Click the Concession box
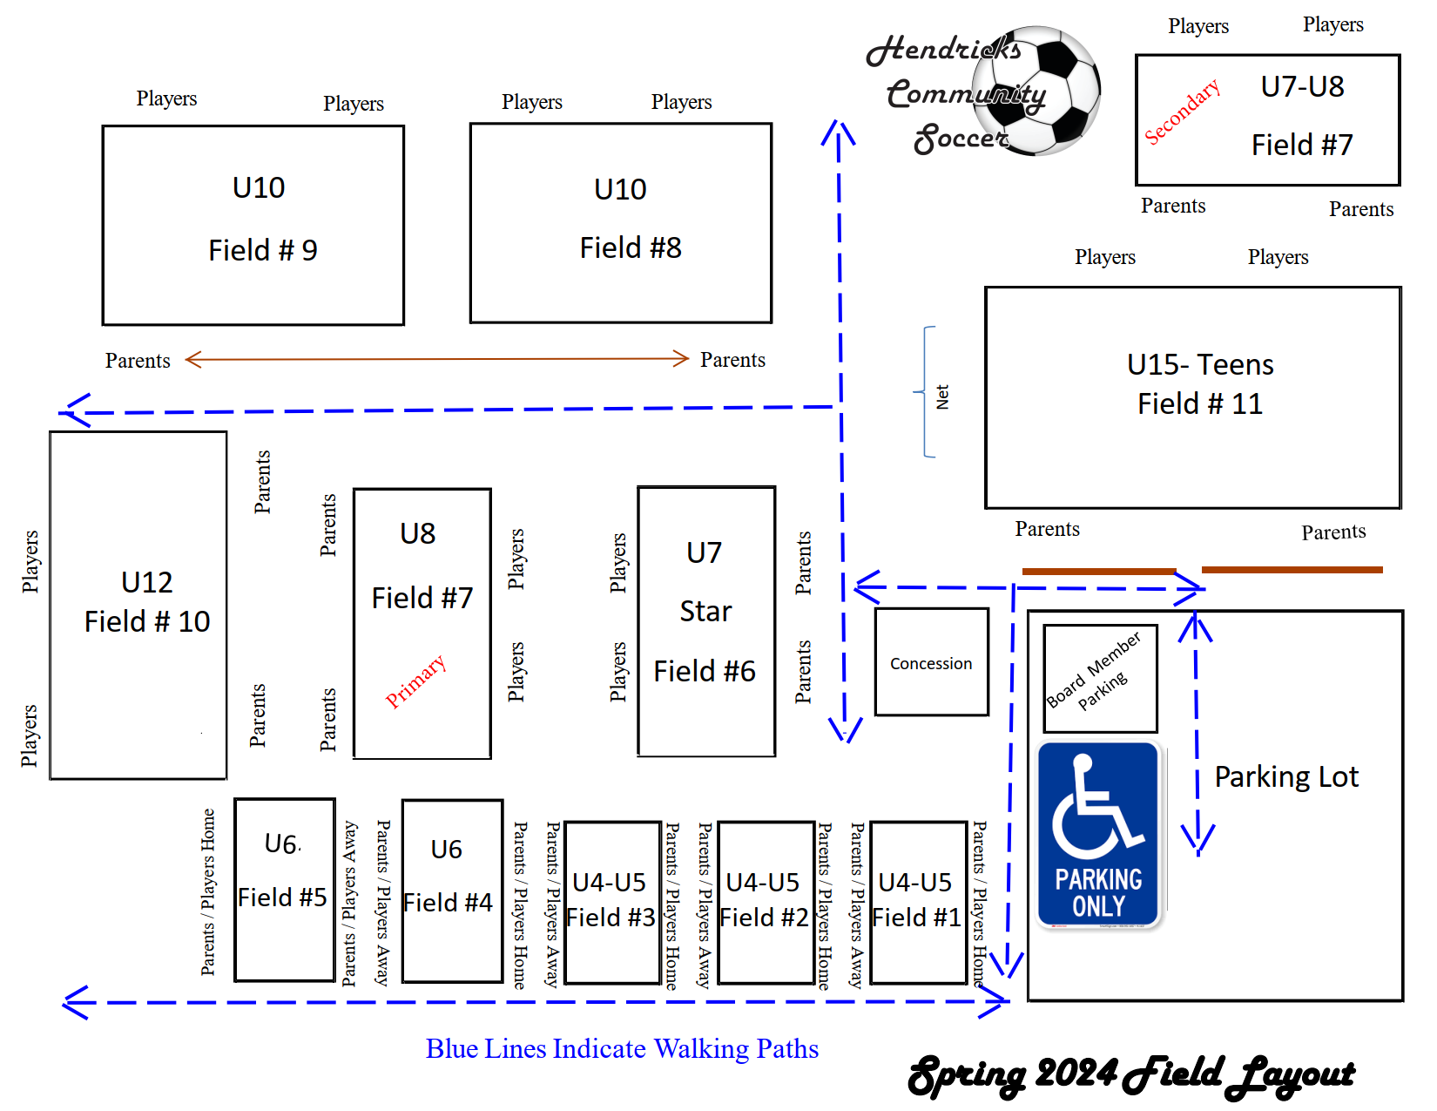[931, 663]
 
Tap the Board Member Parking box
[1100, 678]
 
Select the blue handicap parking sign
[1098, 835]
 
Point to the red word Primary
[415, 681]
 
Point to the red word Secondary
[1182, 112]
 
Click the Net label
[942, 397]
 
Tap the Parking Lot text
[1285, 776]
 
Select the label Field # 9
[262, 251]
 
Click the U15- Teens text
[1199, 364]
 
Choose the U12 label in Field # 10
[146, 582]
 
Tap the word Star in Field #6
[705, 612]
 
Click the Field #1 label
[916, 918]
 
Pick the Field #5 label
[282, 898]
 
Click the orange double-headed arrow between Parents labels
[436, 359]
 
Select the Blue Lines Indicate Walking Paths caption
[622, 1048]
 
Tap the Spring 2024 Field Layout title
[1130, 1075]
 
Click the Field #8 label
[631, 248]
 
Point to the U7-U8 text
[1302, 87]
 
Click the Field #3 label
[611, 918]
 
